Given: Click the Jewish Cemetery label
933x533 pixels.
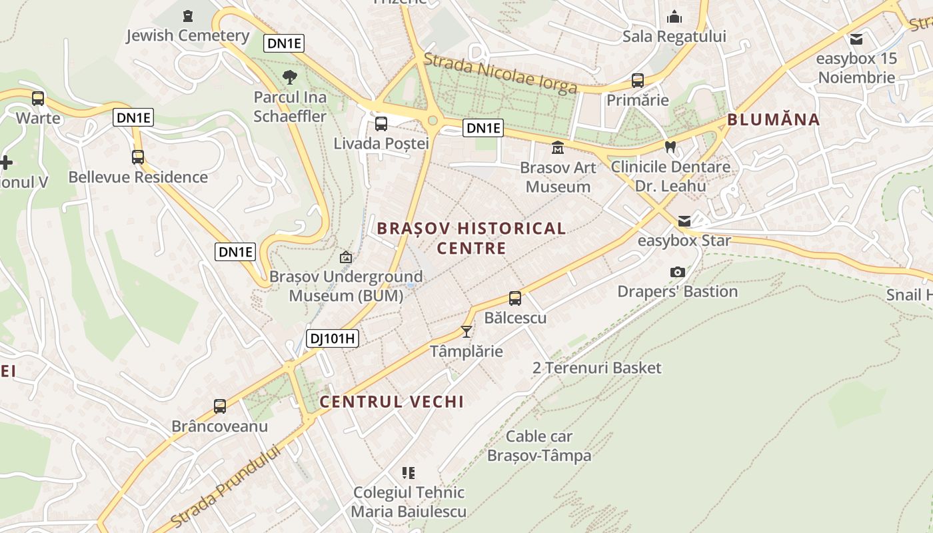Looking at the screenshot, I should pos(188,35).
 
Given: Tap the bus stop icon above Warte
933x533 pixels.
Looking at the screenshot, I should pos(38,99).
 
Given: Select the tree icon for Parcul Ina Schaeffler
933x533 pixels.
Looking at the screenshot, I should pos(289,77).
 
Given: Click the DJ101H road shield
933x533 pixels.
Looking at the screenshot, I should pos(333,338).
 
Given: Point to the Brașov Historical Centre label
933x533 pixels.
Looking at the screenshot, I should pos(471,238).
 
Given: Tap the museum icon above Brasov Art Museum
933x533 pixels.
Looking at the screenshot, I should pos(557,147).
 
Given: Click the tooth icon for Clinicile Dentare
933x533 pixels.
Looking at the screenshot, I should pos(670,147).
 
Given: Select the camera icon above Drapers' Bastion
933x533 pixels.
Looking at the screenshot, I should pos(677,272).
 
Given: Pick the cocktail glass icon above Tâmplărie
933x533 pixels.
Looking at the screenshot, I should pos(467,331).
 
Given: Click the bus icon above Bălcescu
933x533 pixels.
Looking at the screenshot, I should pos(515,298).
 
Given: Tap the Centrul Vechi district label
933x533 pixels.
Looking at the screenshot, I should pos(391,402).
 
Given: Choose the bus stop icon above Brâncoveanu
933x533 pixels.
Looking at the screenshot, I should pos(219,406).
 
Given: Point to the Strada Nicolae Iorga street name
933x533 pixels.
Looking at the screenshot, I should pos(500,73).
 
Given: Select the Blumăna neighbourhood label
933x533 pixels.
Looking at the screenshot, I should pos(773,120).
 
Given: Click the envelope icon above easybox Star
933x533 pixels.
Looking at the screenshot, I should pos(684,221).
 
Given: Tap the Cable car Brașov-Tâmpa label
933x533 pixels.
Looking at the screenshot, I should pos(539,446).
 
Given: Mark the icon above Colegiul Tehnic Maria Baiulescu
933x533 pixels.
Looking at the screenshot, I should pos(409,473).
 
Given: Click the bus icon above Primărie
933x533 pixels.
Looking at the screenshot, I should pos(637,81).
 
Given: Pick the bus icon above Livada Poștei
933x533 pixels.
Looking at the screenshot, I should pos(381,123).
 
